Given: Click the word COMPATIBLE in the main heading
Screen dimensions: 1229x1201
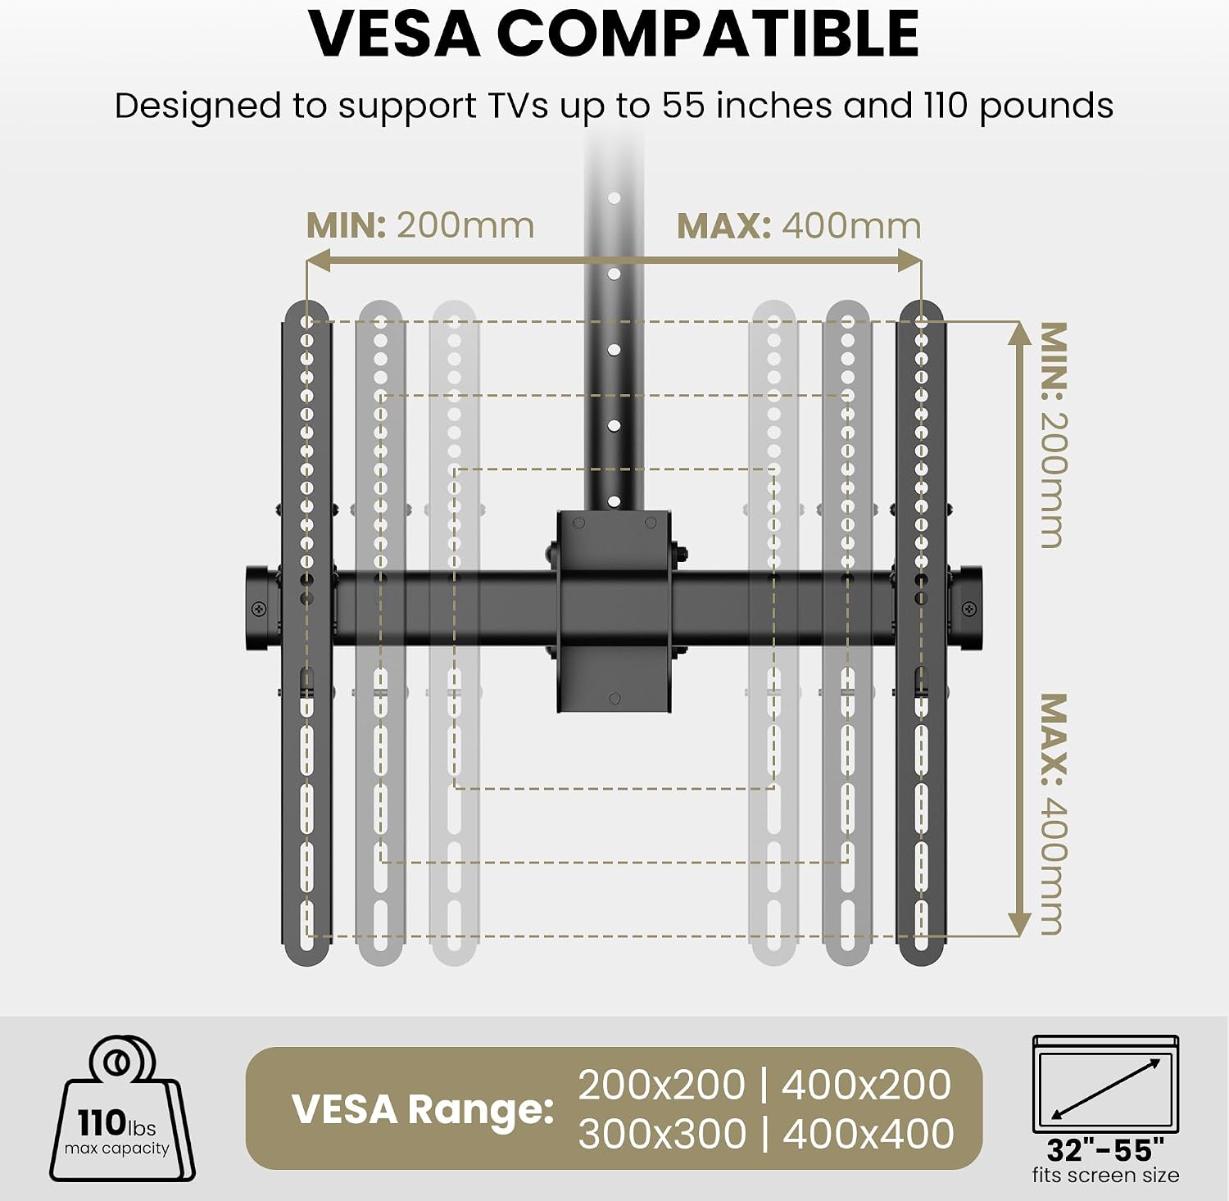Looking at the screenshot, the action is point(708,34).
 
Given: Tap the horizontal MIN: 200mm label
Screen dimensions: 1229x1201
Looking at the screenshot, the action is point(420,225).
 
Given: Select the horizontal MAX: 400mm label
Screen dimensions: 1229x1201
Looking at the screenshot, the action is point(799,225).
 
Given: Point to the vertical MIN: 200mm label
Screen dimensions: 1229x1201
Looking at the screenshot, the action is point(1054,435).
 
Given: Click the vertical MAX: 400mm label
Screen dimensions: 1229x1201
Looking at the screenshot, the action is point(1054,814).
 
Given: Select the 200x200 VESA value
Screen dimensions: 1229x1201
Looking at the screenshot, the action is point(661,1085).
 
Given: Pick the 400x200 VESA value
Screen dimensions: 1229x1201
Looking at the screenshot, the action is point(866,1085).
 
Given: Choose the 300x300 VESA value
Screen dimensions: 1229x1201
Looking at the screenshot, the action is point(662,1135).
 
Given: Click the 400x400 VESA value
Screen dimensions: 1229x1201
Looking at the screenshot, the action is point(868,1135).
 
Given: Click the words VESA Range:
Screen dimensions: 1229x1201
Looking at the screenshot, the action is point(423,1109).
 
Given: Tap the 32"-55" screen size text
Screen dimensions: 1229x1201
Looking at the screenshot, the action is point(1105,1149).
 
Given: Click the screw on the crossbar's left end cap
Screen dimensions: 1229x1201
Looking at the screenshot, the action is point(259,609).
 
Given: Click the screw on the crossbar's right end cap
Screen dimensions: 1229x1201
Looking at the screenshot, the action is point(969,609).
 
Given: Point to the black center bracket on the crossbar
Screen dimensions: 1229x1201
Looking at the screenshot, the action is point(614,611).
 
